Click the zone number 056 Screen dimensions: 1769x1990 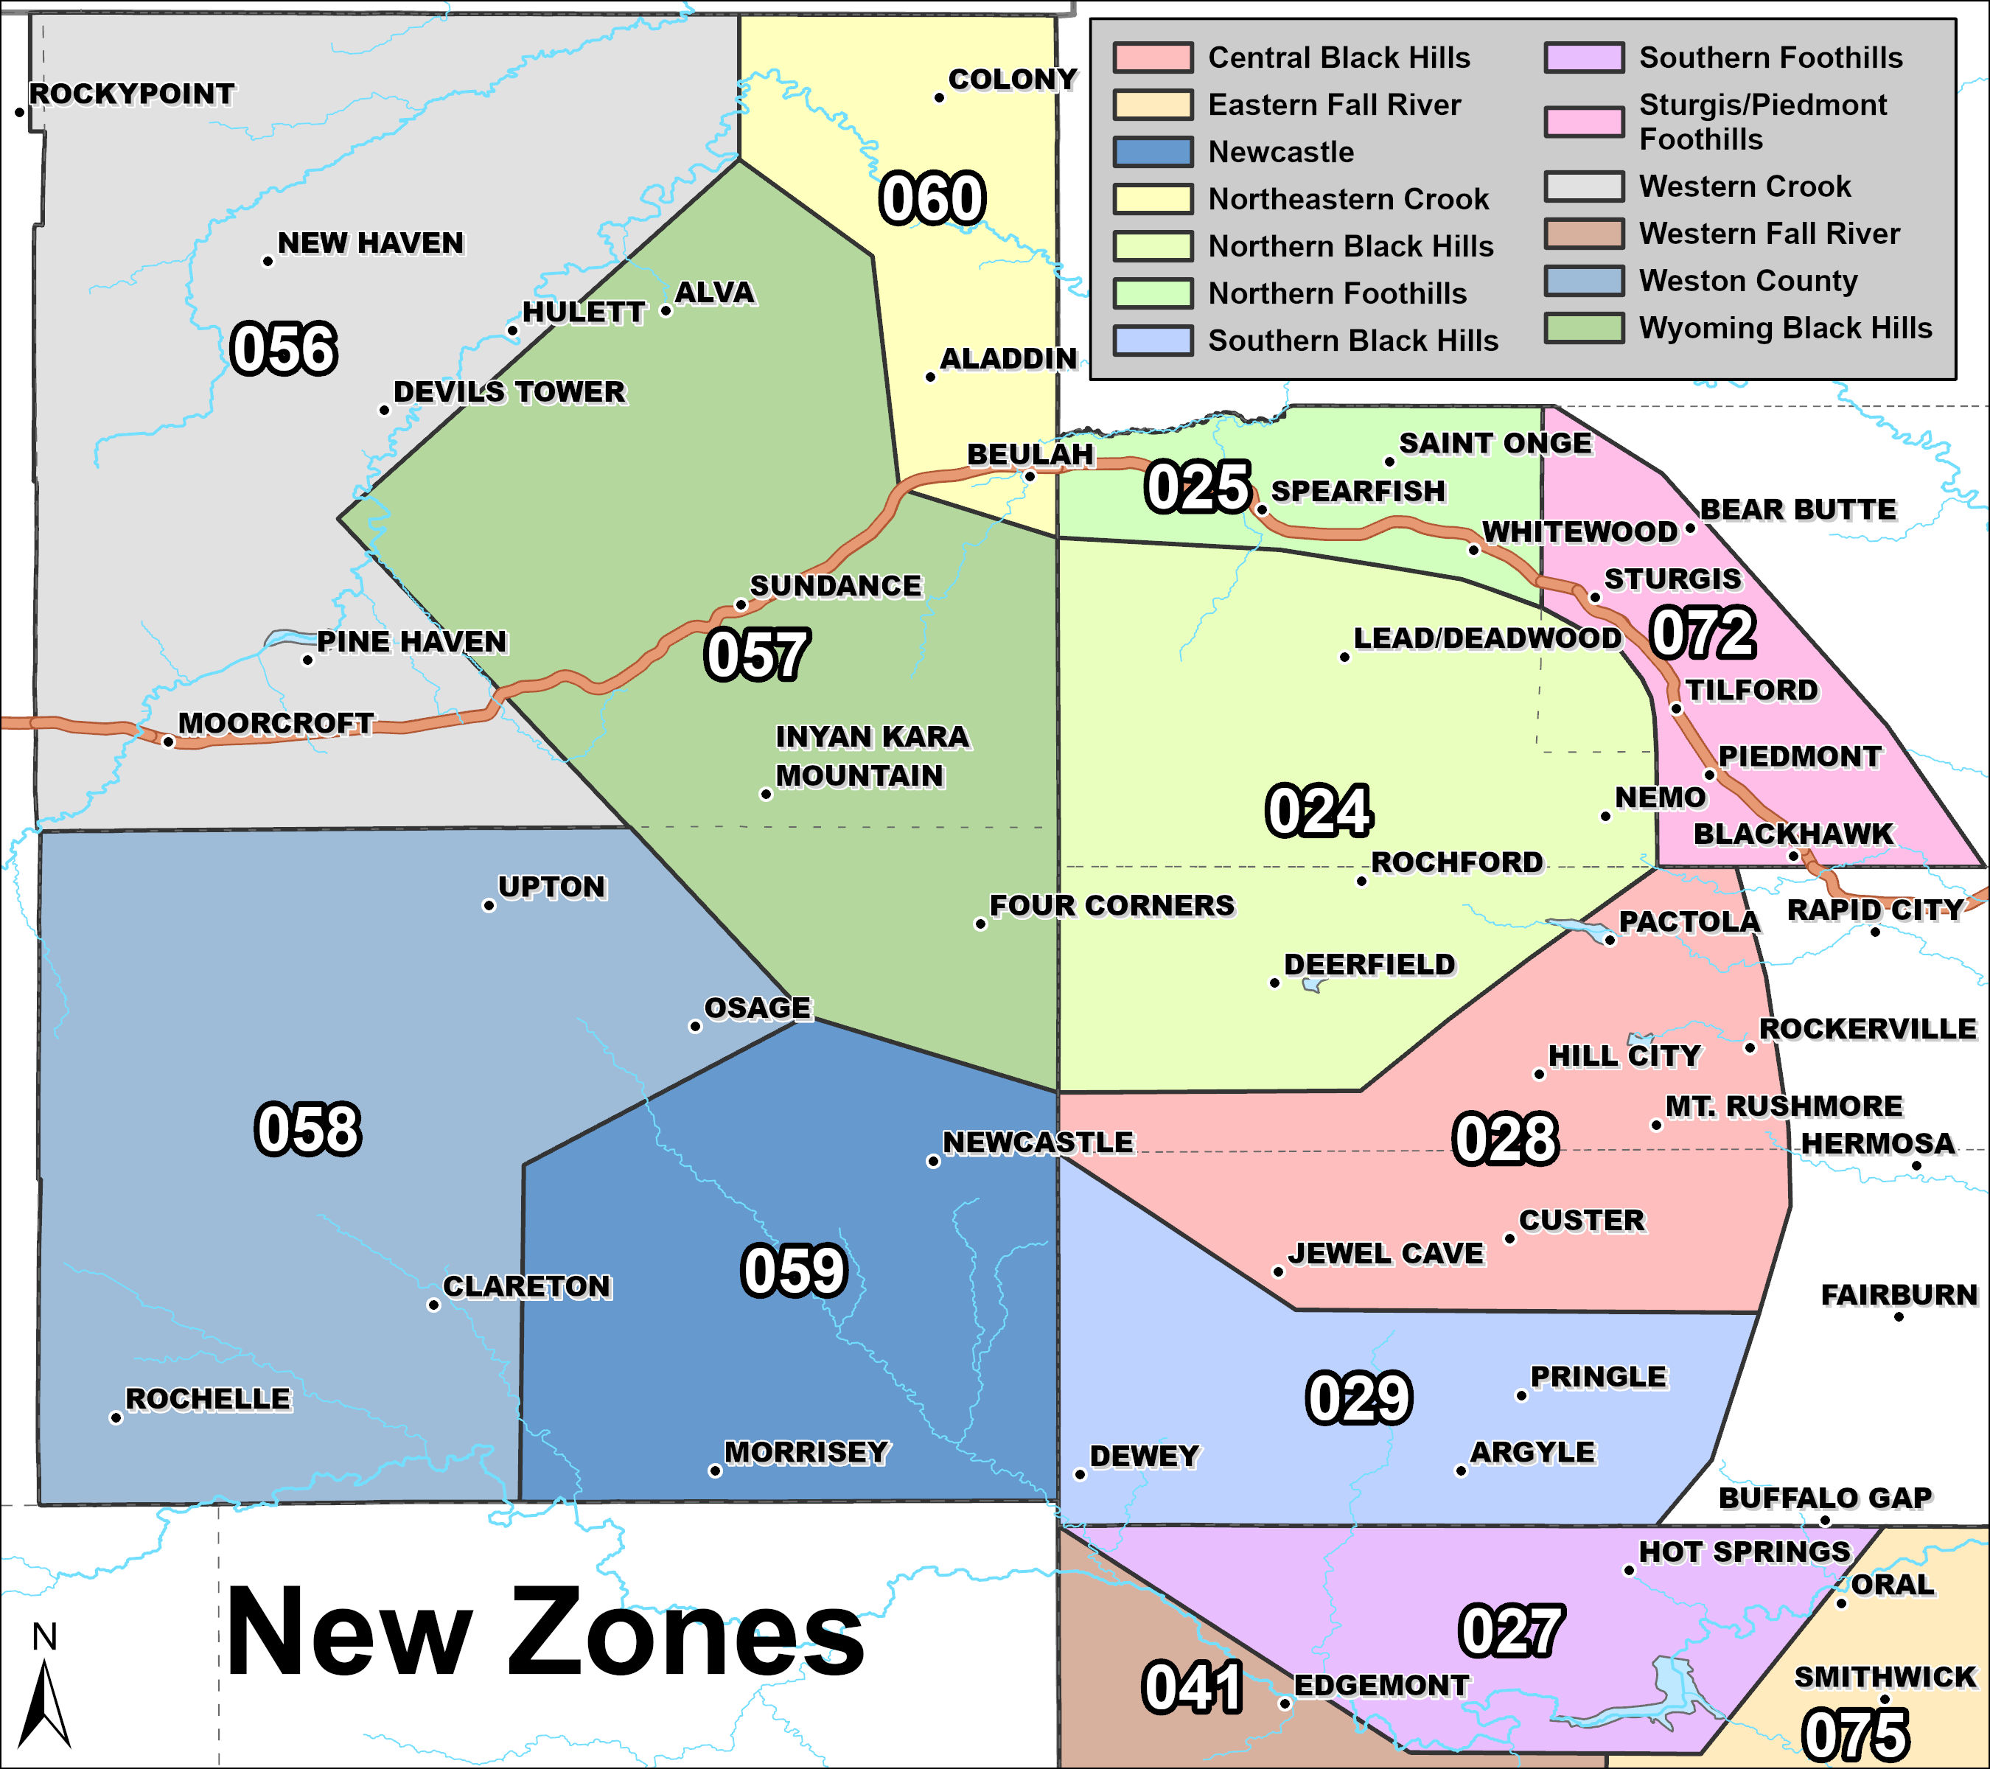[x=283, y=349]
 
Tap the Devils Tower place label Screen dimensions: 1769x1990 [x=509, y=391]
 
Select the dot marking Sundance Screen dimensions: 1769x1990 [x=740, y=604]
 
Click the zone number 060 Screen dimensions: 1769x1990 [x=932, y=198]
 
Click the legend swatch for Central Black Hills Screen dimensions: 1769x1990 [x=1153, y=57]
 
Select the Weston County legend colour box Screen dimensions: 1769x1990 [x=1584, y=280]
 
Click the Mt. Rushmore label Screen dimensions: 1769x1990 [x=1784, y=1106]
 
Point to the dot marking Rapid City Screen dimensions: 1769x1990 [x=1875, y=932]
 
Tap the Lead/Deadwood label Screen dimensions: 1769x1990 [x=1487, y=638]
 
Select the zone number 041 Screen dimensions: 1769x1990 [x=1192, y=1687]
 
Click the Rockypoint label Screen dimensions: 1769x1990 [x=131, y=94]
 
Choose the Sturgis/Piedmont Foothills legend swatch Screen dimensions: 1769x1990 [x=1584, y=122]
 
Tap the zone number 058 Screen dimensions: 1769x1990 [x=307, y=1129]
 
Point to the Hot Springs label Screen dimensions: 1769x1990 [x=1744, y=1551]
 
